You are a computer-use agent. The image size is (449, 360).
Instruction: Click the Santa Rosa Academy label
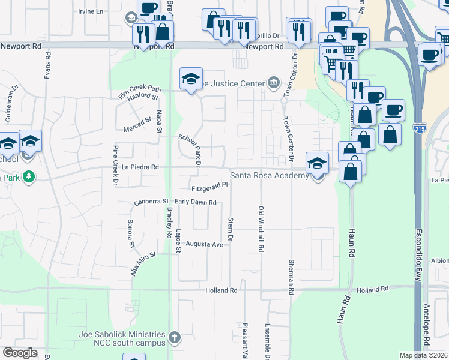(x=270, y=176)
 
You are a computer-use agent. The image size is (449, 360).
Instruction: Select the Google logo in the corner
(x=20, y=353)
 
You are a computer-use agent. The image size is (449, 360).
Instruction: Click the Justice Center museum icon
(x=274, y=82)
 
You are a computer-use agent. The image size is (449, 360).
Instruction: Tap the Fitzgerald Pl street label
(x=210, y=185)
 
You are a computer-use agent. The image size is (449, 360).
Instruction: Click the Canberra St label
(x=151, y=202)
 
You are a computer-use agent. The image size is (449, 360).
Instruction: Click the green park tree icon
(x=27, y=176)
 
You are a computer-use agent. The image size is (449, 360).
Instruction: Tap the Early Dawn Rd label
(x=195, y=203)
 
